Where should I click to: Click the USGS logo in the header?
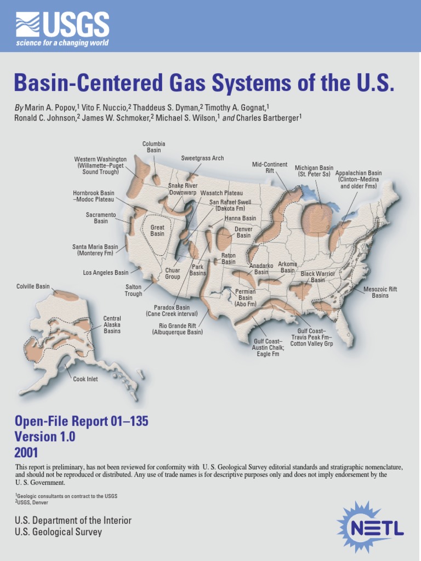(x=62, y=30)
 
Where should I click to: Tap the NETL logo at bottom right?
(x=371, y=526)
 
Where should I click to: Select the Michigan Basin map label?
(x=314, y=171)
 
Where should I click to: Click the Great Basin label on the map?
(x=157, y=230)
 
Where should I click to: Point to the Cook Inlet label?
(x=86, y=379)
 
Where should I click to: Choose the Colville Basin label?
(x=33, y=287)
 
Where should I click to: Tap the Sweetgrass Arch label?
(x=202, y=158)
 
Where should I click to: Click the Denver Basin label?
(x=243, y=232)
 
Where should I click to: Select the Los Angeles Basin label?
(x=106, y=272)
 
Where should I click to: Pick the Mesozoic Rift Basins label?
(x=380, y=292)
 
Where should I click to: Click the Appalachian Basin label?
(x=359, y=179)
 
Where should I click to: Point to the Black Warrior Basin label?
(x=318, y=277)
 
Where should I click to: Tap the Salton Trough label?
(x=133, y=290)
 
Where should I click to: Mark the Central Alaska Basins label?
(x=112, y=325)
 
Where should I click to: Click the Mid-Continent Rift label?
(x=270, y=168)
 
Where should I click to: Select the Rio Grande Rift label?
(x=177, y=329)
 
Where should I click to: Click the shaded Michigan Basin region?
(x=316, y=219)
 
